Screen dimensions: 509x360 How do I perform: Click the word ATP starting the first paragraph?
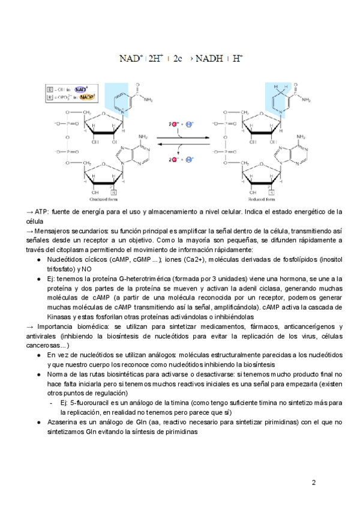tap(42, 212)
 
